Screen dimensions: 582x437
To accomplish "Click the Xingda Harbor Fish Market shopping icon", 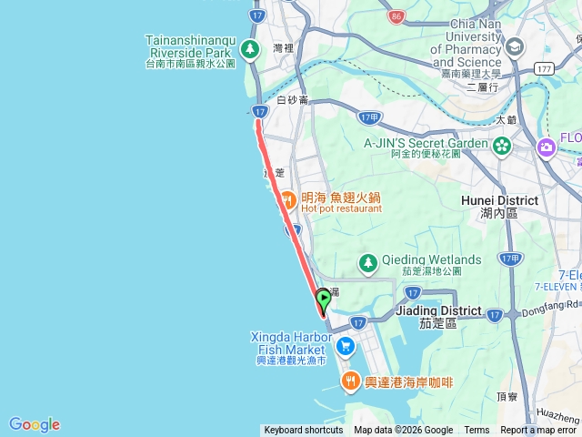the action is (345, 346).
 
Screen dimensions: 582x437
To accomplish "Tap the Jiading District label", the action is (439, 310).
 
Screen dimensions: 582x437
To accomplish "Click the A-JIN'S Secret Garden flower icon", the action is (502, 145).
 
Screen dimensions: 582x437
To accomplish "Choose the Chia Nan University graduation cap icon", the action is (514, 46).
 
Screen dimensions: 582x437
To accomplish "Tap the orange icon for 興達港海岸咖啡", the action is (349, 381).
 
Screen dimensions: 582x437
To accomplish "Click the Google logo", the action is (35, 424).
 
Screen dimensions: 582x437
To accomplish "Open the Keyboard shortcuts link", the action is (304, 431).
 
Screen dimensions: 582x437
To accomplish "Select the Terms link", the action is (477, 431).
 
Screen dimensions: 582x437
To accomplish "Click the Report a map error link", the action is (538, 431).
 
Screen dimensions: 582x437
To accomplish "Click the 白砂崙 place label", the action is (293, 100).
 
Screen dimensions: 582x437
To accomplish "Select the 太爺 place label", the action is (507, 119).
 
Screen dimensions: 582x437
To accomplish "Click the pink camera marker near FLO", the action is (547, 146).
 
